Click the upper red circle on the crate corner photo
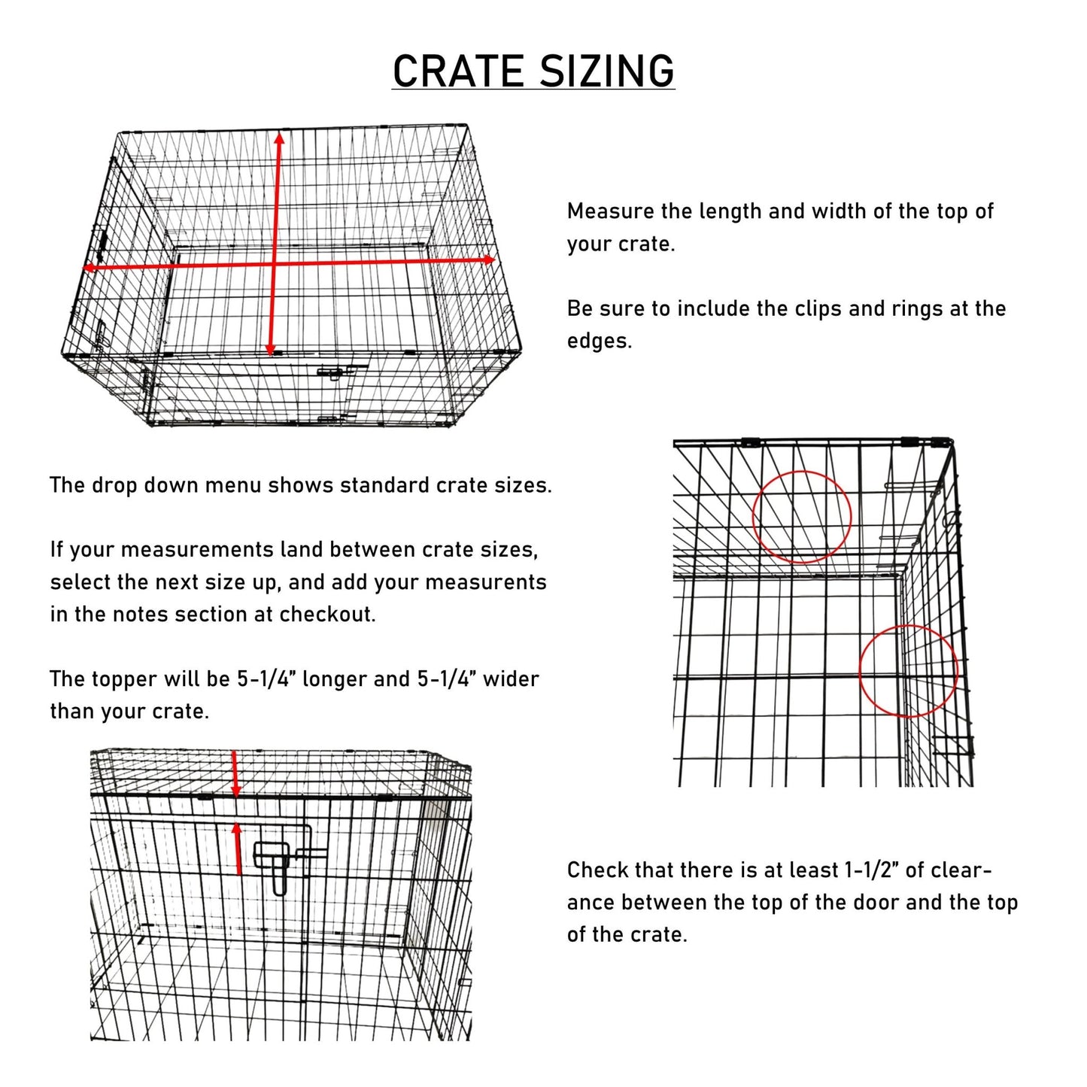point(802,517)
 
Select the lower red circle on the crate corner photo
point(908,671)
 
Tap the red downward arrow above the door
point(235,775)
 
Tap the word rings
point(917,308)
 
